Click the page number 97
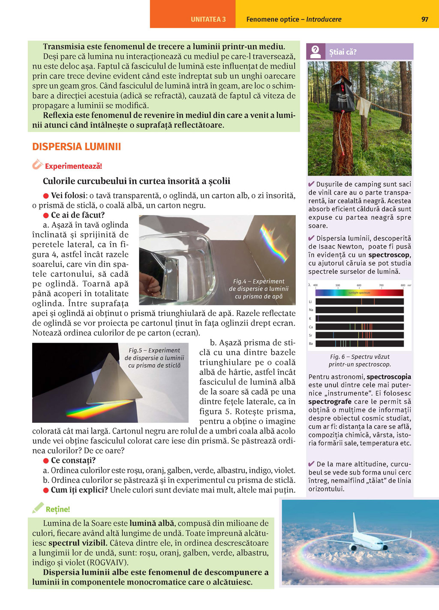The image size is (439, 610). pyautogui.click(x=424, y=19)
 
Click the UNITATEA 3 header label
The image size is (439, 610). pyautogui.click(x=208, y=19)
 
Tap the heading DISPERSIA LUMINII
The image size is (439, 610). pyautogui.click(x=76, y=147)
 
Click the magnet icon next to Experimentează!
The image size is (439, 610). pyautogui.click(x=37, y=164)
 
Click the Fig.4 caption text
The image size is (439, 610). pyautogui.click(x=259, y=289)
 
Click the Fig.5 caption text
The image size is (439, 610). pyautogui.click(x=154, y=358)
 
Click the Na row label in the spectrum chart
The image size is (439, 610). pyautogui.click(x=311, y=310)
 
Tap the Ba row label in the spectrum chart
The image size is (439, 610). pyautogui.click(x=311, y=344)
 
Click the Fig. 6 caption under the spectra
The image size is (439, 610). pyautogui.click(x=360, y=360)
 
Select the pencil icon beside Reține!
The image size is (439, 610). pyautogui.click(x=38, y=508)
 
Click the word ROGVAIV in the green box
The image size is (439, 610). pyautogui.click(x=108, y=562)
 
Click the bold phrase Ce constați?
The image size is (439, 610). pyautogui.click(x=73, y=460)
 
